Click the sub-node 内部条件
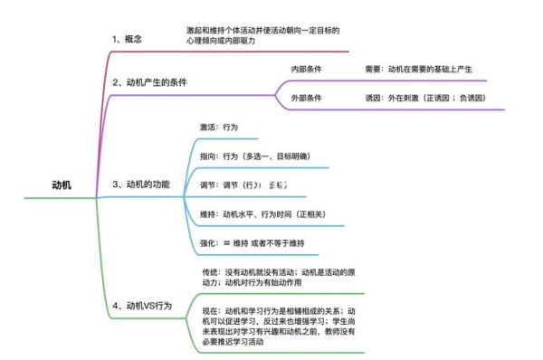306,69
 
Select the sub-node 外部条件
306,98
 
